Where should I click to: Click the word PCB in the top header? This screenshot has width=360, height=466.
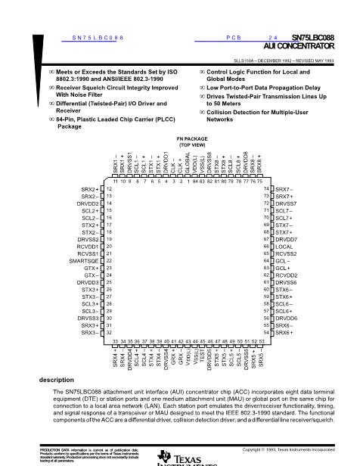(x=233, y=36)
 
